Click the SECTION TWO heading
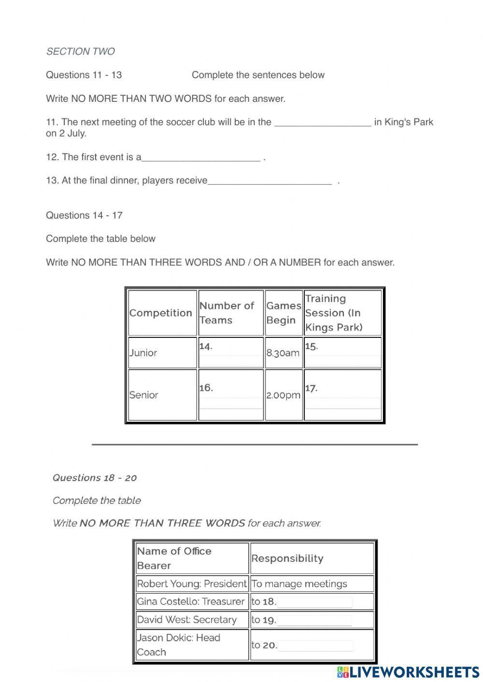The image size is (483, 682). (x=80, y=52)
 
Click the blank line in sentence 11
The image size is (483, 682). (x=323, y=123)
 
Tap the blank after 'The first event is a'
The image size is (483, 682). (x=201, y=158)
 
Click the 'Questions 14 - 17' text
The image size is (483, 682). (x=84, y=215)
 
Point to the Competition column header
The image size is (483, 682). (x=161, y=313)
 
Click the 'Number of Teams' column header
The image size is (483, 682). (x=230, y=313)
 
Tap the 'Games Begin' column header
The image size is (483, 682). (x=284, y=313)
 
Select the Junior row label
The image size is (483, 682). (x=143, y=353)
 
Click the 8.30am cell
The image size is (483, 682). (x=283, y=353)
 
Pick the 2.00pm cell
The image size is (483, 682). (x=283, y=395)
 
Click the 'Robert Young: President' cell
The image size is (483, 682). (x=191, y=584)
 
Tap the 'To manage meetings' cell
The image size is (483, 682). (x=299, y=584)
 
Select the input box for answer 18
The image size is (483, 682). (x=314, y=602)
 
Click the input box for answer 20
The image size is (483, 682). (x=315, y=645)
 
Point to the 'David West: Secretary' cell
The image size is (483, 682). (x=187, y=620)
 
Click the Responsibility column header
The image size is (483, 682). (x=287, y=558)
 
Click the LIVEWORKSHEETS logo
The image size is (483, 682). (x=408, y=672)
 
